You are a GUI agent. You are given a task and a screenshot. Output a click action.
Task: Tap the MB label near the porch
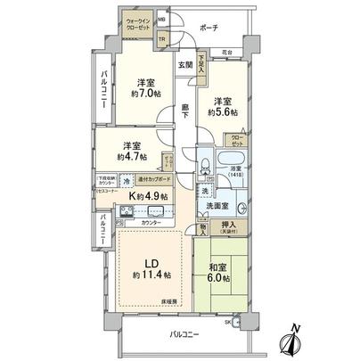pos(162,18)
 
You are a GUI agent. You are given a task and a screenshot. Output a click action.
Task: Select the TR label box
pos(162,38)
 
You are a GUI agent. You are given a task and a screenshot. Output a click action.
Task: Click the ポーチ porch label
pos(210,28)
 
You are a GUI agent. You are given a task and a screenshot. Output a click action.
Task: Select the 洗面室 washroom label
pos(217,207)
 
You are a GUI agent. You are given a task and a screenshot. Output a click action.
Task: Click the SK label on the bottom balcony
pos(228,321)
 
